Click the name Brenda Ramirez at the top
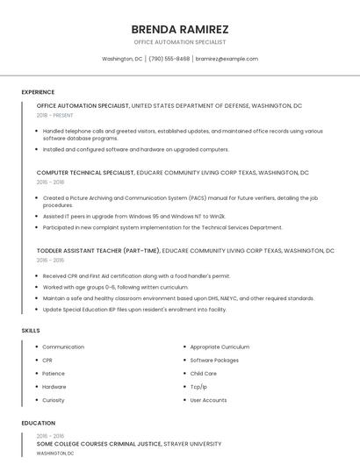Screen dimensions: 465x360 click(x=179, y=28)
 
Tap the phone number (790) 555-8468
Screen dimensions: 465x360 click(x=169, y=59)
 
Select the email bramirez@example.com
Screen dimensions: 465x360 click(x=227, y=59)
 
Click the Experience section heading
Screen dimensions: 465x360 click(x=38, y=92)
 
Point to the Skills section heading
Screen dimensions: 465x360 click(x=31, y=330)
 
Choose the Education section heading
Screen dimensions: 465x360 click(x=38, y=423)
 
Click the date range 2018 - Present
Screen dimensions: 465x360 click(x=55, y=115)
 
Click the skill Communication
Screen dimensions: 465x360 click(x=63, y=347)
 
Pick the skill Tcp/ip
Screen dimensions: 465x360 click(x=199, y=387)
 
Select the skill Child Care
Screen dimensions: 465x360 click(x=204, y=374)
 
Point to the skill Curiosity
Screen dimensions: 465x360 click(x=54, y=400)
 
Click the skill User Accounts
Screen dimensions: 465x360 click(x=208, y=400)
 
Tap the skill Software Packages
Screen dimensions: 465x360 click(x=214, y=360)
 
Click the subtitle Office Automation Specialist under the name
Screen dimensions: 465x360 click(x=179, y=42)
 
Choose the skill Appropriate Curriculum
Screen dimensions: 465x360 click(x=220, y=347)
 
